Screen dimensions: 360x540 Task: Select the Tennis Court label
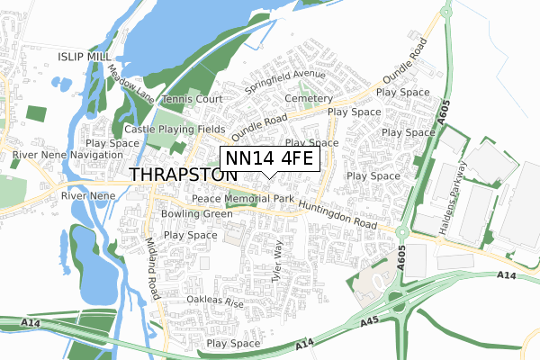(193, 99)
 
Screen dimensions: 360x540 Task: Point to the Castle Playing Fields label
(175, 130)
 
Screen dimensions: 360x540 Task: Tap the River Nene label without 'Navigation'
(83, 195)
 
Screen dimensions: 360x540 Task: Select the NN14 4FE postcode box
(269, 158)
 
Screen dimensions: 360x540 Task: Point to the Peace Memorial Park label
(243, 198)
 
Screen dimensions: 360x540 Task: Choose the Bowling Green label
(197, 214)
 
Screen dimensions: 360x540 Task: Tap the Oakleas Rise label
(215, 301)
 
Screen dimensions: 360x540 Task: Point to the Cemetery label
(309, 98)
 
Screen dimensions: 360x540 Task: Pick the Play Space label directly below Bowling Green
(190, 235)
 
